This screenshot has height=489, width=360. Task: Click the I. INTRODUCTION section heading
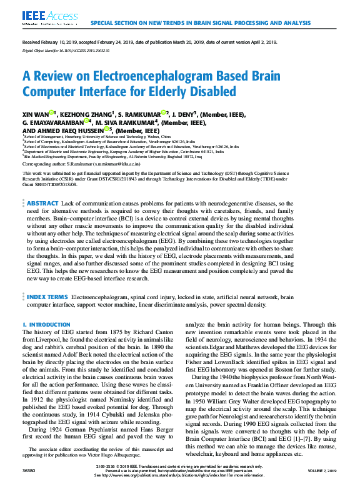click(x=47, y=325)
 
